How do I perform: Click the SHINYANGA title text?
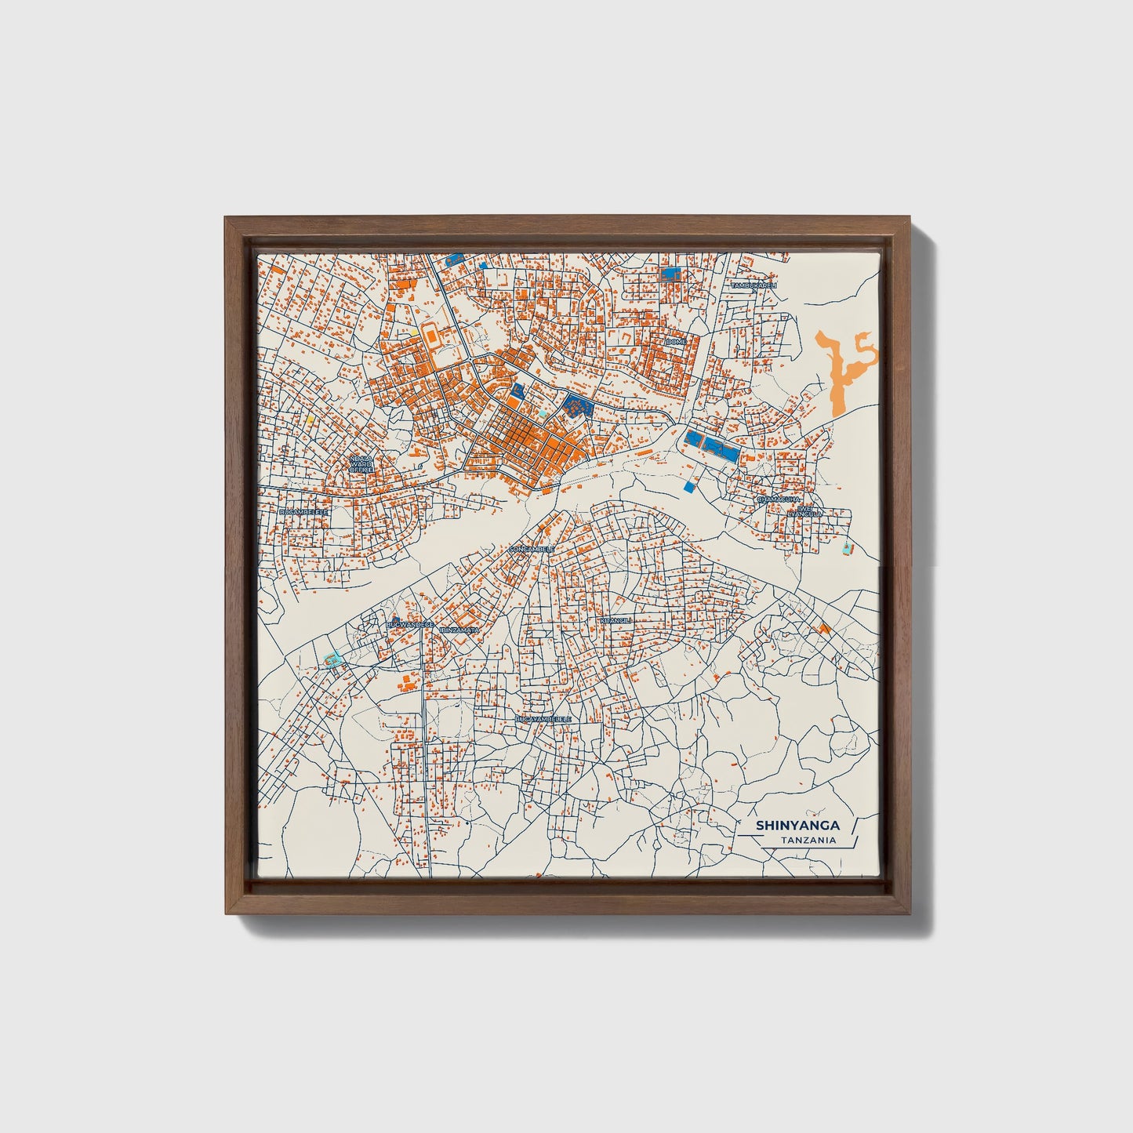click(797, 825)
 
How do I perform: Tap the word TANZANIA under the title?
click(808, 841)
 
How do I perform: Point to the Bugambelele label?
click(303, 510)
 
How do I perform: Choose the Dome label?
click(675, 343)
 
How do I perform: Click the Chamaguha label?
click(778, 499)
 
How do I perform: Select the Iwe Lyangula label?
click(808, 510)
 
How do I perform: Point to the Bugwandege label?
click(410, 624)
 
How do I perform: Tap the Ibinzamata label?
click(460, 630)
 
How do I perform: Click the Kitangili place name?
click(615, 619)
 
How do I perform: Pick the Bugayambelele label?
click(543, 718)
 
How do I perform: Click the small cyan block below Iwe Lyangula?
click(845, 549)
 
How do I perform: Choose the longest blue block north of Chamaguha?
click(714, 448)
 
